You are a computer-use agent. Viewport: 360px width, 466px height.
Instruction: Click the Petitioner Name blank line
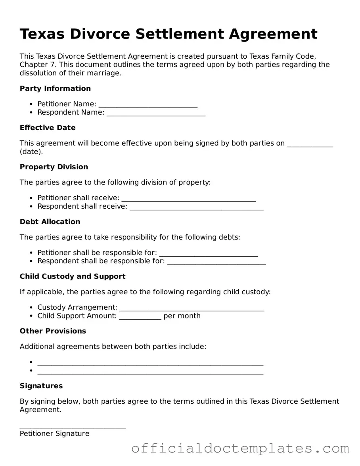coord(148,105)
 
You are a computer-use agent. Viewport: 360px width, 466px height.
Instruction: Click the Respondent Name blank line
coord(156,113)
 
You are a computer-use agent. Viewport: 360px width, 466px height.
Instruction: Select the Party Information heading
coord(55,88)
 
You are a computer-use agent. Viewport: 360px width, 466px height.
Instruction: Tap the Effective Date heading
coord(48,128)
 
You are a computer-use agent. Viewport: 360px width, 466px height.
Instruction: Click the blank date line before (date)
coord(310,144)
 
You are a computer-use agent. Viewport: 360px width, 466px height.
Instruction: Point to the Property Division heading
coord(54,167)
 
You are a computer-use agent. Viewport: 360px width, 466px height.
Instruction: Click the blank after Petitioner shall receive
coord(188,198)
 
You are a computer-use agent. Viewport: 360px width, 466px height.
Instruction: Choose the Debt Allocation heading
coord(50,222)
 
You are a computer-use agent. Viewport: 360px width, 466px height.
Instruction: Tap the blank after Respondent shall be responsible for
coord(216,262)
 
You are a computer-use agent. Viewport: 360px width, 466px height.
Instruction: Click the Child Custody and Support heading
coord(73,276)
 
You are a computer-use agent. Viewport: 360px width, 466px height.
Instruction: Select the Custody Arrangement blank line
coord(191,308)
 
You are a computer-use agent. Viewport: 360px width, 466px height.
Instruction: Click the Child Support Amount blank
coord(140,316)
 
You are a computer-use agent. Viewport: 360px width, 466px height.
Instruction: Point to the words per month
coord(182,316)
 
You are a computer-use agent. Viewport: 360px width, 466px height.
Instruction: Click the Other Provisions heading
coord(53,331)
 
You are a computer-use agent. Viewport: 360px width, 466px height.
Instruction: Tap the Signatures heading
coord(41,386)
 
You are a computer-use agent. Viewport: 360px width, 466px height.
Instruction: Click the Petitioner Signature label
coord(54,433)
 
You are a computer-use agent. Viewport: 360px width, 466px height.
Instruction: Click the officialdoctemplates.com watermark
coord(240,449)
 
